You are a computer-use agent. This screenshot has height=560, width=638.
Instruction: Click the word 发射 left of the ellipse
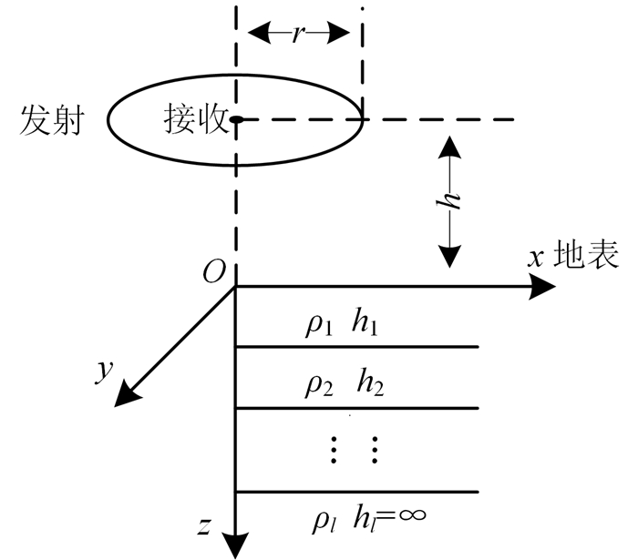50,120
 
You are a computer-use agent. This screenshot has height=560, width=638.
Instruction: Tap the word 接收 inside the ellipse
195,119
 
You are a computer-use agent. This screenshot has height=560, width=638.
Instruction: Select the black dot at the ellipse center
235,119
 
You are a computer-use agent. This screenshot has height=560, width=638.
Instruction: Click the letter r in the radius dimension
298,33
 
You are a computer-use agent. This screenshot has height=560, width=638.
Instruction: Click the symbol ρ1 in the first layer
319,325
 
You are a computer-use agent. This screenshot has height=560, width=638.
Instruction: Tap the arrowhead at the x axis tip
543,287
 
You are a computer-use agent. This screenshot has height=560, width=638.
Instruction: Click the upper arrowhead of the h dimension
450,145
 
